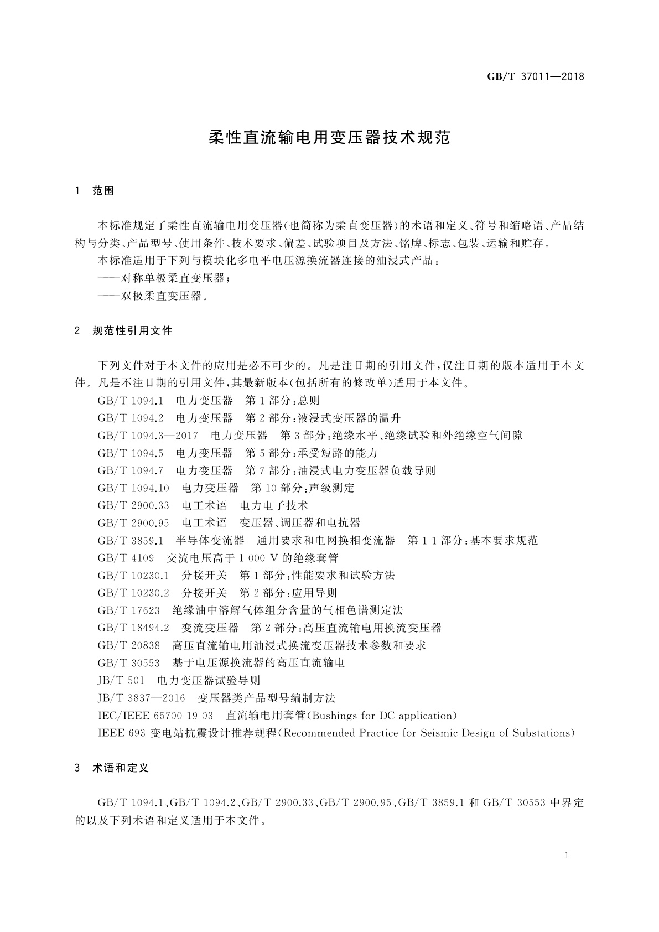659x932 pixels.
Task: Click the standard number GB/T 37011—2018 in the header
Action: pos(535,77)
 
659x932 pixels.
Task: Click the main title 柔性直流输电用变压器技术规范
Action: pos(329,138)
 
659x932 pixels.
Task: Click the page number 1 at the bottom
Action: pos(567,856)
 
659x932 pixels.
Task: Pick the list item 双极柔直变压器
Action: pos(164,296)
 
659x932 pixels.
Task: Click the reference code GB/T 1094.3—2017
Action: pos(148,436)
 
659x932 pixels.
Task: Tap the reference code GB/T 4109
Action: pos(126,558)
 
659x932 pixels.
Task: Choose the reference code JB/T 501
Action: pos(121,680)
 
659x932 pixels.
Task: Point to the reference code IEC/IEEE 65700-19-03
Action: pos(155,716)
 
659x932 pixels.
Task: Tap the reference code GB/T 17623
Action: pos(128,610)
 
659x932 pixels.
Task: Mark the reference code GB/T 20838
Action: pos(128,645)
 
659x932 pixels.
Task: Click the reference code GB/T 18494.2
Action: pos(133,628)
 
